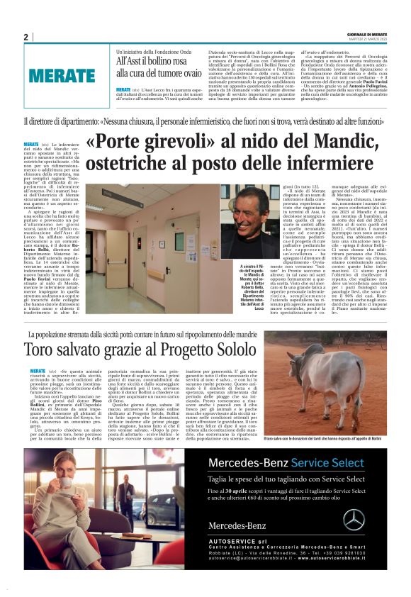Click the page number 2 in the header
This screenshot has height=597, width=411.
tap(26, 37)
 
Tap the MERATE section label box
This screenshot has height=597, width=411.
tap(63, 74)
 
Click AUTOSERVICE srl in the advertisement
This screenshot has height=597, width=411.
tap(235, 545)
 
